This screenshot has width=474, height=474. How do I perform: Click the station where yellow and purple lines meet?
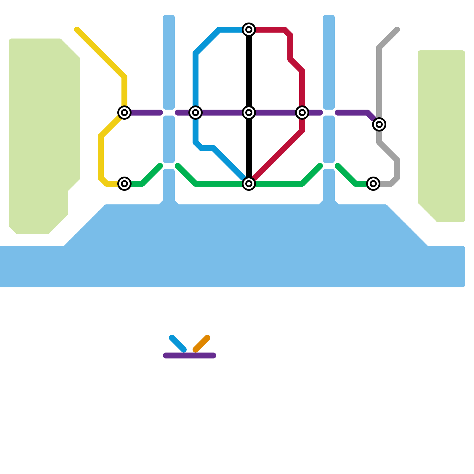click(x=124, y=113)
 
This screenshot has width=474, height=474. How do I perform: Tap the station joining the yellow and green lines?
click(x=124, y=184)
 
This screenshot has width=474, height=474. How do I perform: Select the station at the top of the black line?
click(x=249, y=30)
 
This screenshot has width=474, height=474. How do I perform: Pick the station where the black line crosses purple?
click(x=249, y=113)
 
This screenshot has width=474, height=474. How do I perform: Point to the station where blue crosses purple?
click(x=196, y=113)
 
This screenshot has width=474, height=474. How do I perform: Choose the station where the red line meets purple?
click(x=302, y=113)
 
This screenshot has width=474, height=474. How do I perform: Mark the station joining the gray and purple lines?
click(x=379, y=124)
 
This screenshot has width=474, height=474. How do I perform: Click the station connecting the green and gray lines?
click(x=373, y=184)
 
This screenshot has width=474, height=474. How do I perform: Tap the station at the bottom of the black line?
click(x=249, y=184)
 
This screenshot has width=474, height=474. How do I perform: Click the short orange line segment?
click(x=201, y=344)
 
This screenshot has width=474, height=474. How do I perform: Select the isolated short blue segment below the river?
click(x=178, y=344)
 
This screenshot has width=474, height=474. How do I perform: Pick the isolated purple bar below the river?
click(x=190, y=355)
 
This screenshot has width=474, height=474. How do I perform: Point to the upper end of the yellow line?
click(x=77, y=30)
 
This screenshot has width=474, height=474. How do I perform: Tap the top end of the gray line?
click(x=397, y=30)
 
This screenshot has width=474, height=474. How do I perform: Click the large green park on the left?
click(x=41, y=133)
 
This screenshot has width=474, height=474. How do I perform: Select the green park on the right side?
click(x=441, y=133)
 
